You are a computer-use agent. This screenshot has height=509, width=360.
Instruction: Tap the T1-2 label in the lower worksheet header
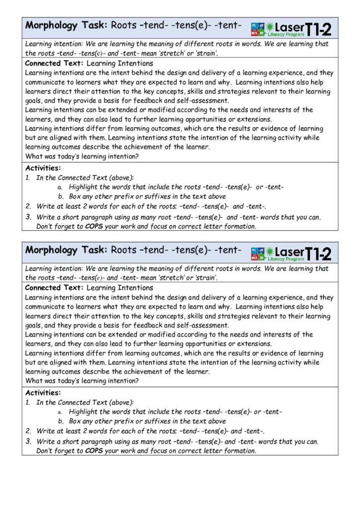[x=318, y=254]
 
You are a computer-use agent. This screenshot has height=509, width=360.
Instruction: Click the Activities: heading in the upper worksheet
[x=43, y=168]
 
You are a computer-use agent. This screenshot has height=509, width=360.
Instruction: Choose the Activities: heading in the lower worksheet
[x=43, y=393]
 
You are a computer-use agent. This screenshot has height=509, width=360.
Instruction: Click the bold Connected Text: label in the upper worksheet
[x=54, y=64]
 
